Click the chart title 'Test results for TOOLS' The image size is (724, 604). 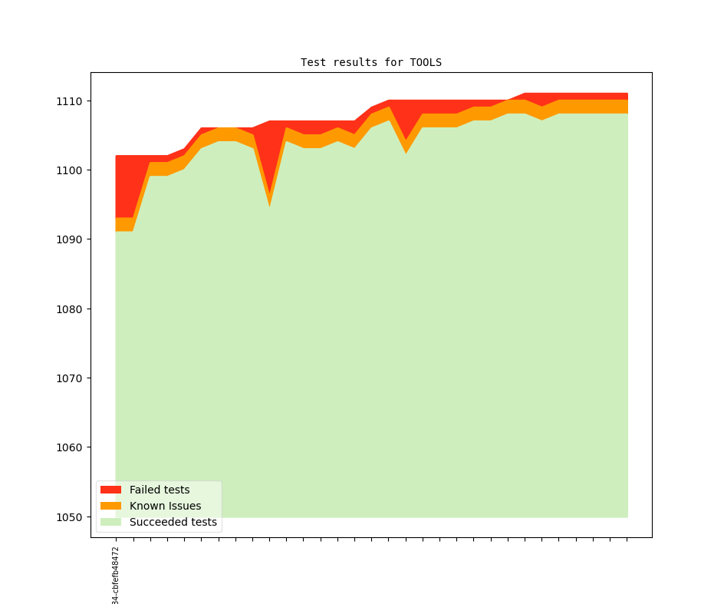(x=370, y=62)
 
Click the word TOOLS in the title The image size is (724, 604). (x=426, y=62)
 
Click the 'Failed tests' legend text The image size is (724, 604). (x=160, y=490)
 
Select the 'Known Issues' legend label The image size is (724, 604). (x=165, y=506)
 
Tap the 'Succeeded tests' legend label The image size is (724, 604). (x=173, y=522)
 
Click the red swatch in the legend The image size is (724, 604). (x=110, y=490)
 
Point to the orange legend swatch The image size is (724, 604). (x=110, y=506)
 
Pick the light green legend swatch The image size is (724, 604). (x=110, y=522)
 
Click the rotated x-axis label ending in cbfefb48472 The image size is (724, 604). (x=116, y=576)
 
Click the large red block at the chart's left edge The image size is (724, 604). (x=126, y=184)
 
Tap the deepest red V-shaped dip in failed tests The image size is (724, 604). (x=268, y=153)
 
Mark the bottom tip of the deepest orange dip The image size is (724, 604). (x=269, y=204)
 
